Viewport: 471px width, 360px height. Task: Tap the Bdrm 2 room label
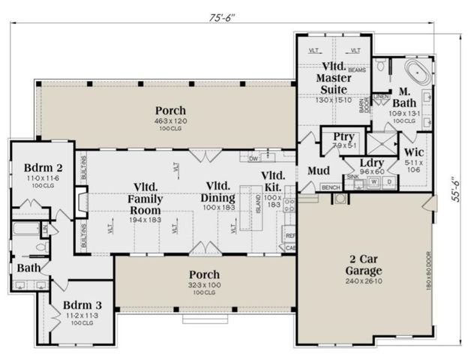tap(37, 166)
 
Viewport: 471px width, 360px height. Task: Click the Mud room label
tap(319, 171)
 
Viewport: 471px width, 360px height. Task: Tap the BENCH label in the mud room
tap(330, 187)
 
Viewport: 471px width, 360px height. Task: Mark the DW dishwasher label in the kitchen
tap(254, 158)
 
